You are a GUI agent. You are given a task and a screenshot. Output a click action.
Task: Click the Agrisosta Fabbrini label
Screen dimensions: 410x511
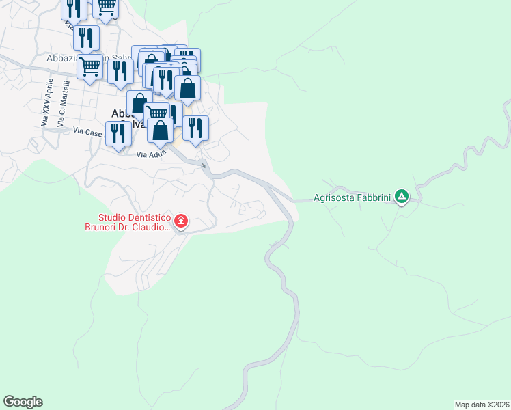pyautogui.click(x=352, y=199)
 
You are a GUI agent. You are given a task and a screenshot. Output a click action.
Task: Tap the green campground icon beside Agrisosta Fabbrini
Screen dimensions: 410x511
pyautogui.click(x=402, y=198)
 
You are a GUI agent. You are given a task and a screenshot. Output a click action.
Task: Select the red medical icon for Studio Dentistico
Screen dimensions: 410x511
pyautogui.click(x=181, y=221)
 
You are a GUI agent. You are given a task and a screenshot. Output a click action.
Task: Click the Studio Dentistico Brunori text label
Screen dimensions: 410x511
pyautogui.click(x=127, y=222)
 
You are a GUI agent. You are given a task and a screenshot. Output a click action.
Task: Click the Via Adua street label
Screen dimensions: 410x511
pyautogui.click(x=151, y=154)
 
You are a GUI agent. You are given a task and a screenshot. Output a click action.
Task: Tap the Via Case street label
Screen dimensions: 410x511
pyautogui.click(x=87, y=131)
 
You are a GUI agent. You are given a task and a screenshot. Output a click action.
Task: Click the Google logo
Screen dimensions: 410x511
pyautogui.click(x=23, y=402)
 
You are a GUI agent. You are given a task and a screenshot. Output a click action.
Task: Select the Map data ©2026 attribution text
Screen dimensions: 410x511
pyautogui.click(x=482, y=405)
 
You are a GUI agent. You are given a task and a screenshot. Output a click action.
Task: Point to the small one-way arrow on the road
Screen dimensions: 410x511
pyautogui.click(x=204, y=165)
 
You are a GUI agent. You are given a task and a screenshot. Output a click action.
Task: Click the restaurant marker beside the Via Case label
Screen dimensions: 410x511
pyautogui.click(x=118, y=133)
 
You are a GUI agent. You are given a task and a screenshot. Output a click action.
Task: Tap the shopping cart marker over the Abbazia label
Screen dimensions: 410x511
pyautogui.click(x=90, y=67)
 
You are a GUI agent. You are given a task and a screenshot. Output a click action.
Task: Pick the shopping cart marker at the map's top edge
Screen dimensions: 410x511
pyautogui.click(x=105, y=7)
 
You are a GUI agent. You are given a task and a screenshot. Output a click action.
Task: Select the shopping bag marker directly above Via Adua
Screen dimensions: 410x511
pyautogui.click(x=160, y=130)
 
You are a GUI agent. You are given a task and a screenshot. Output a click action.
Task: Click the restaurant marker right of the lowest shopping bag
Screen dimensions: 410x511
pyautogui.click(x=195, y=128)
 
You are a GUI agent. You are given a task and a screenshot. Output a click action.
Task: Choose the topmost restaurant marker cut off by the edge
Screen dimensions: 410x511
pyautogui.click(x=74, y=8)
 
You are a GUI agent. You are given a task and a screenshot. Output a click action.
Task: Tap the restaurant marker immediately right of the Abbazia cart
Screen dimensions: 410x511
pyautogui.click(x=120, y=72)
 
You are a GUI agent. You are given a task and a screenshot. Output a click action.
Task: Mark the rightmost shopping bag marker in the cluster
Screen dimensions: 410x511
pyautogui.click(x=188, y=88)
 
